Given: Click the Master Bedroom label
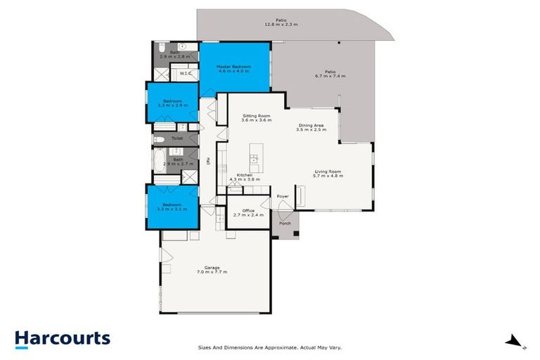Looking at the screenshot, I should [235, 66].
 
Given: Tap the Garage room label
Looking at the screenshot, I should [212, 267].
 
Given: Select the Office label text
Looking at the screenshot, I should [248, 210].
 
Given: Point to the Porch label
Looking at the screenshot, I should [285, 224].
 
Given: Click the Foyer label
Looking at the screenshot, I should [283, 196].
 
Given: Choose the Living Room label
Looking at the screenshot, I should [328, 171].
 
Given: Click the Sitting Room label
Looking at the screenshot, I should [256, 115].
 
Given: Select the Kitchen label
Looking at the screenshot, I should [244, 175].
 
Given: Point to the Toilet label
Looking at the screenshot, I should [176, 139].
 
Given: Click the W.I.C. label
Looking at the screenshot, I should [186, 73].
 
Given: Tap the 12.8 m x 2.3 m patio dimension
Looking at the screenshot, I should [281, 25].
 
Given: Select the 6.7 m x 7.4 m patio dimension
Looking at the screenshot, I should [330, 75].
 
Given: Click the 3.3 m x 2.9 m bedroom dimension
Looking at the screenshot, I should [172, 105].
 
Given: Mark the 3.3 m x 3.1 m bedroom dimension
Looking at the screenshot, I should [172, 210].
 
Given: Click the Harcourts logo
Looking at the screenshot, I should [63, 339].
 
